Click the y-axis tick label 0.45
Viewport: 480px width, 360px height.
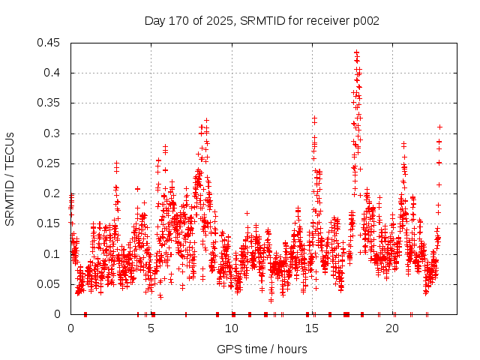[52, 43]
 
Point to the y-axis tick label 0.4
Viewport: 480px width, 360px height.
[55, 73]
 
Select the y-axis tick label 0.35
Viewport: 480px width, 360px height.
[52, 103]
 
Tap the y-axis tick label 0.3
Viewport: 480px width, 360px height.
[55, 133]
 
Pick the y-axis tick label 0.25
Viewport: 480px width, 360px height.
[52, 163]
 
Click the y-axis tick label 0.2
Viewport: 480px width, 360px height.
[55, 193]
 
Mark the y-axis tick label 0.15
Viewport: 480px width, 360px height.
[52, 223]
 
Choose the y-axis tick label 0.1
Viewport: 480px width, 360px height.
[55, 253]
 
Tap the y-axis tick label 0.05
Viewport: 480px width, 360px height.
[52, 283]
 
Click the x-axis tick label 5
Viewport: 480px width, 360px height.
[151, 328]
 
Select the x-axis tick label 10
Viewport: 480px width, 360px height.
[232, 328]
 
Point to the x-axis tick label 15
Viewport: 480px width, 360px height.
[312, 328]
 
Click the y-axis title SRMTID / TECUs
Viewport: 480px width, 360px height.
[10, 178]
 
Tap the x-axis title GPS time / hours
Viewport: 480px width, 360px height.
[262, 349]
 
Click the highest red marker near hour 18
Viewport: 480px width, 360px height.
[357, 52]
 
